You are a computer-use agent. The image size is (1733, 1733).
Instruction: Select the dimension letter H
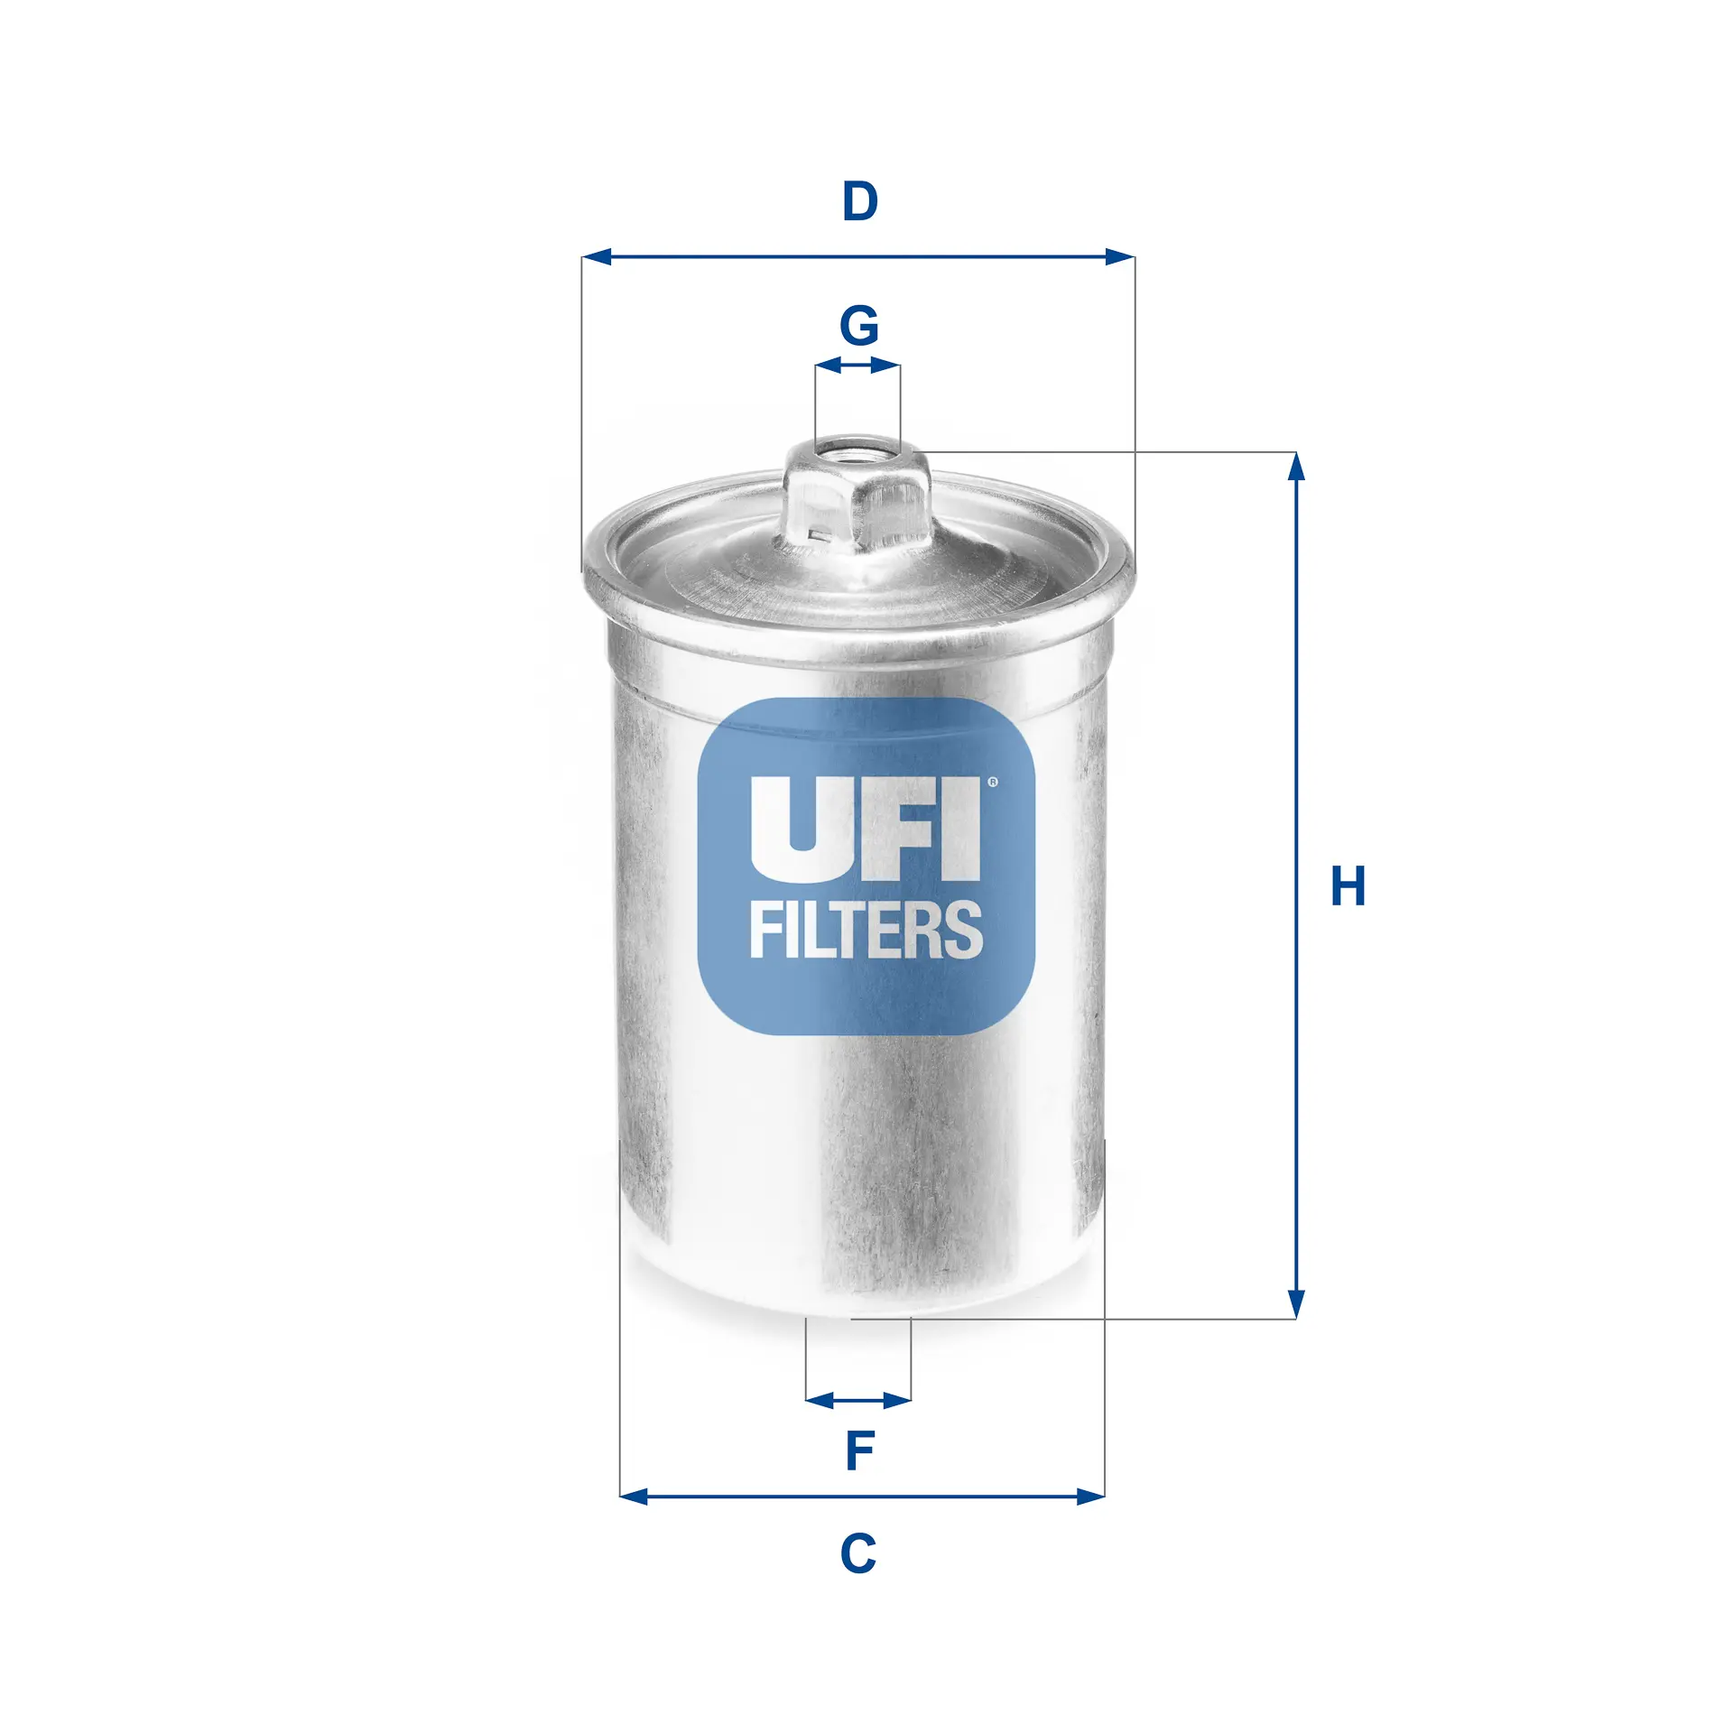click(x=1348, y=886)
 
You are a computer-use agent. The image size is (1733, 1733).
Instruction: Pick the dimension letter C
click(x=857, y=1553)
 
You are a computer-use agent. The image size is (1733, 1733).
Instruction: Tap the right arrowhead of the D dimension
click(x=1120, y=257)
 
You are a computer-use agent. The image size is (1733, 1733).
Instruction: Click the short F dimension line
click(x=858, y=1401)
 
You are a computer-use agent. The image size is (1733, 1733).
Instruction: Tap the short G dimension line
click(x=857, y=366)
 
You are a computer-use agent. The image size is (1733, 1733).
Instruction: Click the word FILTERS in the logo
click(x=866, y=930)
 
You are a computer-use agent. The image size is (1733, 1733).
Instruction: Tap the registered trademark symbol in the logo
click(x=993, y=783)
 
